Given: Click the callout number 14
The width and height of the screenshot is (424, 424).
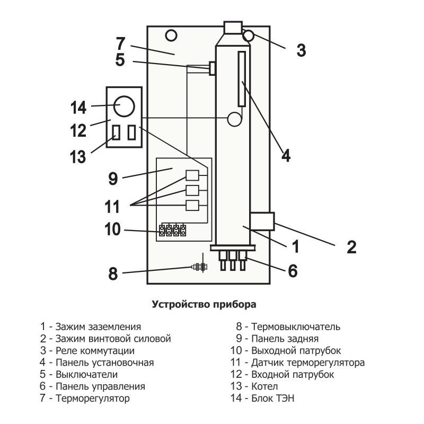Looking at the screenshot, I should coord(78,107).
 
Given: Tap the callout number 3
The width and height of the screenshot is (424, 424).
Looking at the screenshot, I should coord(301,50).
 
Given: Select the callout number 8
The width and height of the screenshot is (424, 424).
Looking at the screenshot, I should coord(112,273).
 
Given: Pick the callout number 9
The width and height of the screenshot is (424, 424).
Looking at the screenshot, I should coord(112,178).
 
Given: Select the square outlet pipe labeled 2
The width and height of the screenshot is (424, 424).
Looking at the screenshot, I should coord(262,221).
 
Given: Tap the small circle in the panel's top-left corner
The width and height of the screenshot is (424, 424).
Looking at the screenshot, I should coord(171,36).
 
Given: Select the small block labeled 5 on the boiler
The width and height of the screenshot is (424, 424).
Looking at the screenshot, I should coord(213,68).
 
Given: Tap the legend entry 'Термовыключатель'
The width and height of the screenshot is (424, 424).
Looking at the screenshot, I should coord(296,326).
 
